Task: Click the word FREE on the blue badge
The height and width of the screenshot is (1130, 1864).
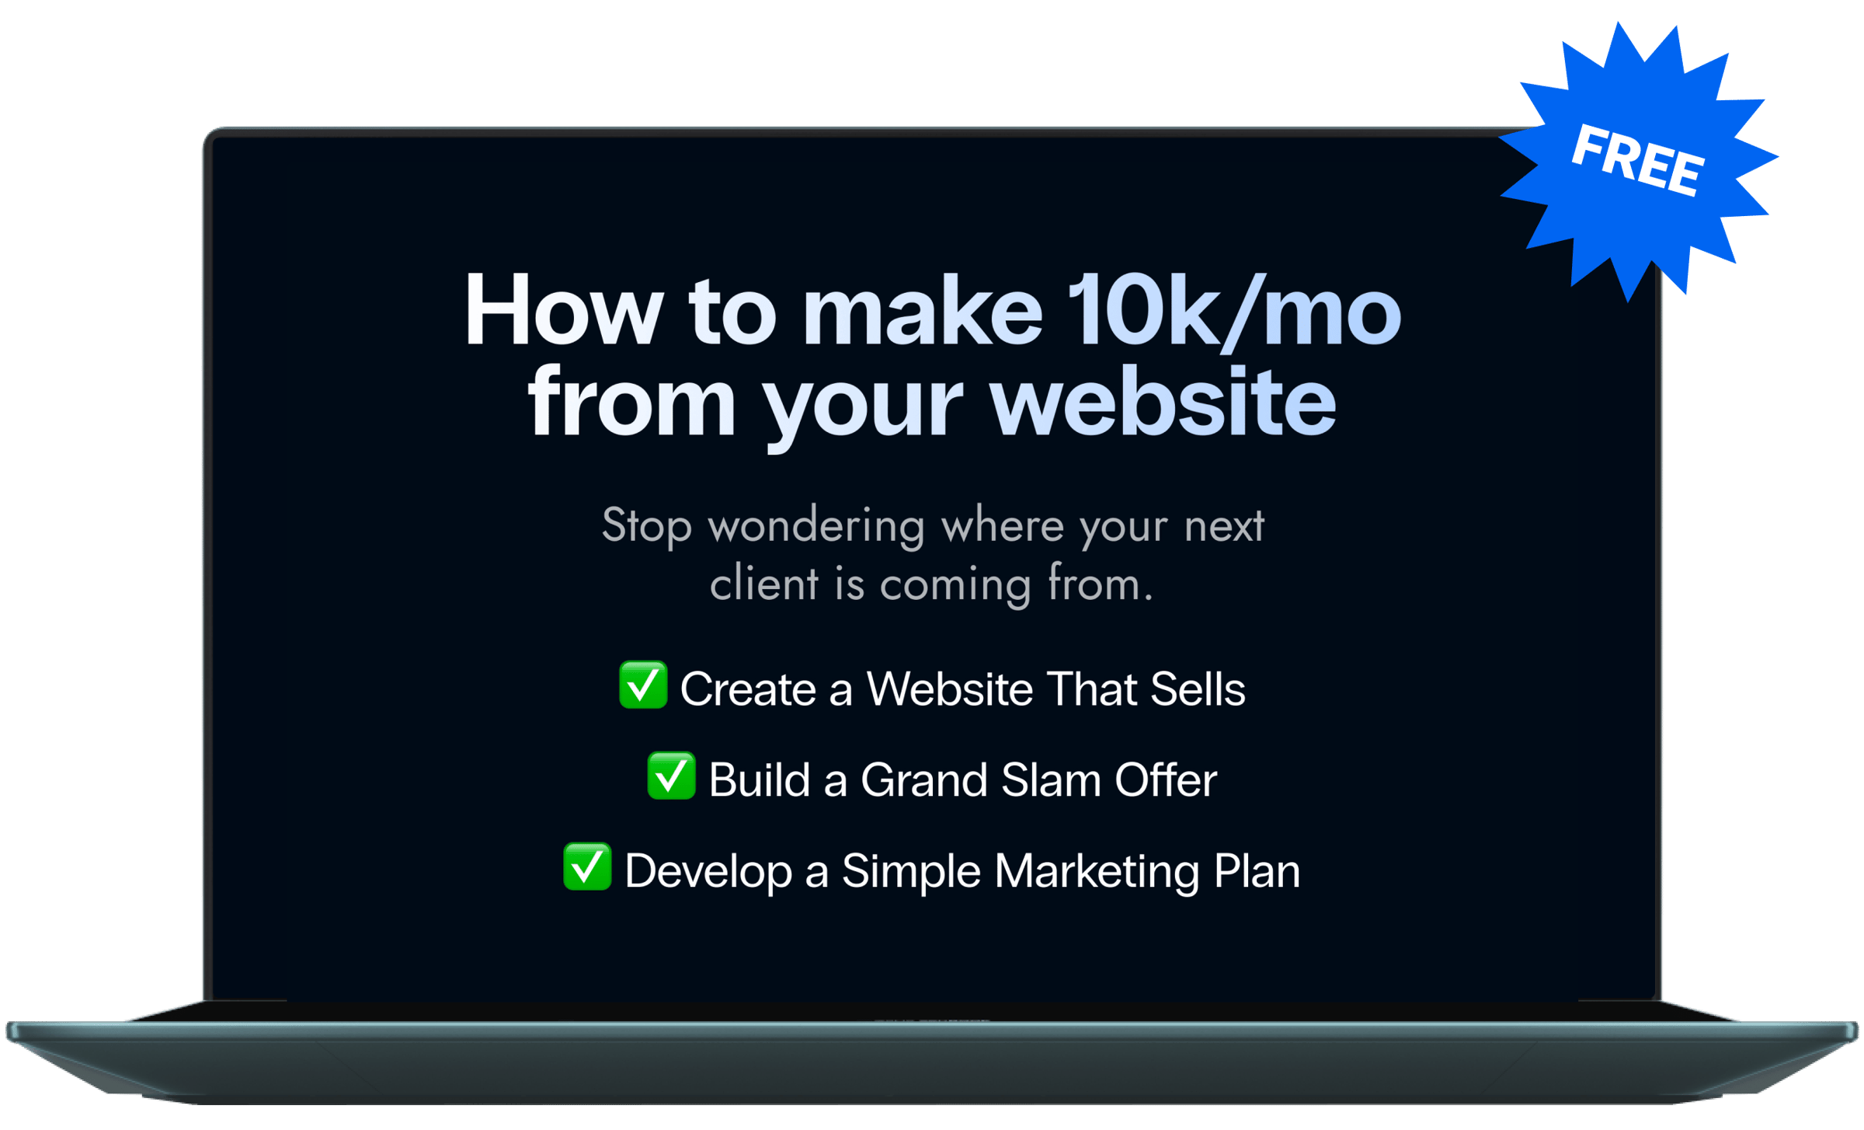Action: tap(1638, 159)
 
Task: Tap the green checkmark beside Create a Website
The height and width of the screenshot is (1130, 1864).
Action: tap(643, 685)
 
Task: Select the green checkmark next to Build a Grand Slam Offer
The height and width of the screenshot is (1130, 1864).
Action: tap(671, 776)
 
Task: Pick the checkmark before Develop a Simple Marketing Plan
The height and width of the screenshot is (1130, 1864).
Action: tap(587, 867)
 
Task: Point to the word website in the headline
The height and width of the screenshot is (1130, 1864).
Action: tap(1163, 402)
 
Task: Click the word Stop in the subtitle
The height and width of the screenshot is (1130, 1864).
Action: tap(646, 527)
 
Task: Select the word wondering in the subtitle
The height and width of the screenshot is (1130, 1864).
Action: tap(816, 527)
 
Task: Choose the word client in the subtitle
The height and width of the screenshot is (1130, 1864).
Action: tap(764, 583)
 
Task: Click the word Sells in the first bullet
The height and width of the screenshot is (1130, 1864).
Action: tap(1198, 689)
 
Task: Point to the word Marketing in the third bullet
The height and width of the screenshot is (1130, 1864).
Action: tap(1097, 871)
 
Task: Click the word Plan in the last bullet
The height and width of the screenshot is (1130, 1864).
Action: tap(1257, 870)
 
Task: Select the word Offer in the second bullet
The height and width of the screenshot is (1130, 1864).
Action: tap(1166, 779)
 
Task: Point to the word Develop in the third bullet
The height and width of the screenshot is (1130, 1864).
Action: tap(708, 871)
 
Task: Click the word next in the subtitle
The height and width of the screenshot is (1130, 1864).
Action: tap(1224, 527)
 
